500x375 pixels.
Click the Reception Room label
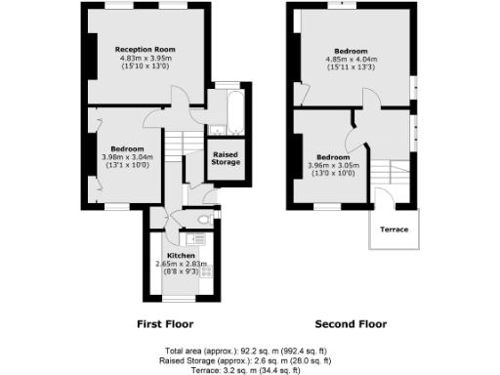pos(144,49)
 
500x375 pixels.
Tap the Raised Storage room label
pos(226,160)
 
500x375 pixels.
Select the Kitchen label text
pos(181,256)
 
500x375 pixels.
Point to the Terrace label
pos(394,229)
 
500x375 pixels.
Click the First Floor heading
pos(164,324)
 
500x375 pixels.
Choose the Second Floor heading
pos(351,324)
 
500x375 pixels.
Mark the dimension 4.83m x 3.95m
pos(144,58)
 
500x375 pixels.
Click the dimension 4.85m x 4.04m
pos(351,59)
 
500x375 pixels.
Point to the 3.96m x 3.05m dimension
pos(333,165)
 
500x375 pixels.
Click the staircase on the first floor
pos(174,146)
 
